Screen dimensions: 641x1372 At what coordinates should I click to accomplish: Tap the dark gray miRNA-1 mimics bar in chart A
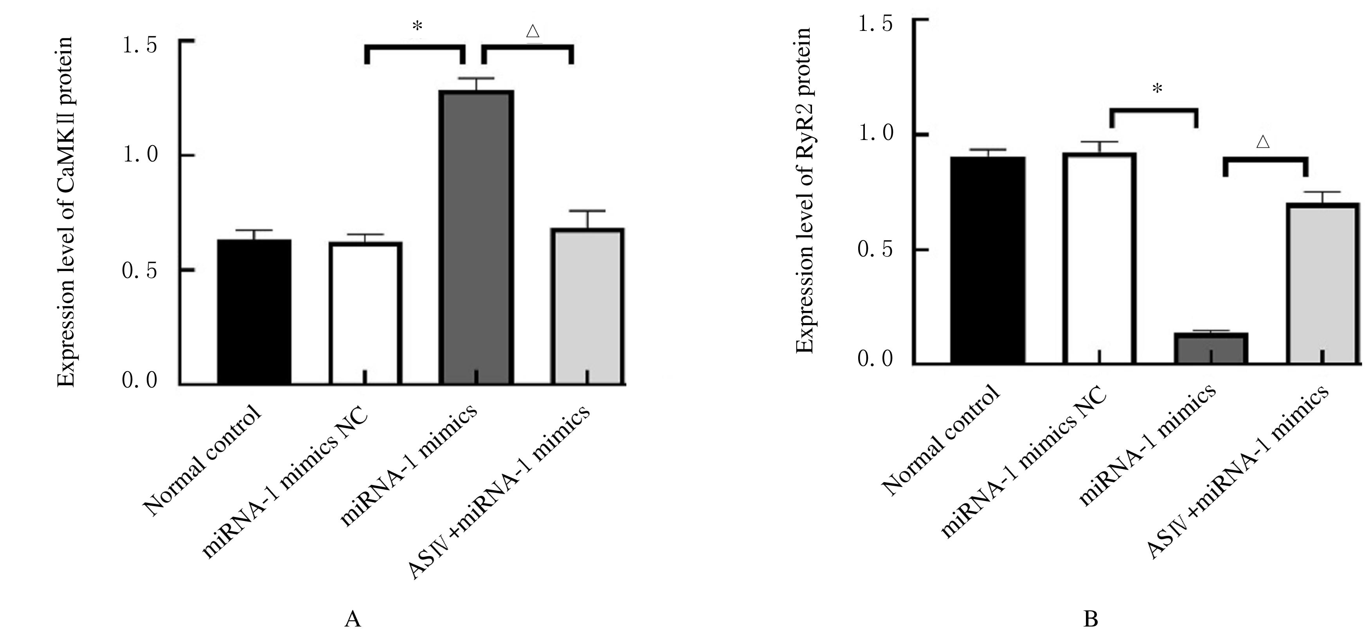pos(476,237)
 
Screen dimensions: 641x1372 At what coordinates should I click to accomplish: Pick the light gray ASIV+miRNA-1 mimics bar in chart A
pos(587,306)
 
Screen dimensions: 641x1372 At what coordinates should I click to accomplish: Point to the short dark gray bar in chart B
pos(1211,349)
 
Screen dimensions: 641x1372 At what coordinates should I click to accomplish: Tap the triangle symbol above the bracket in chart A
pos(533,31)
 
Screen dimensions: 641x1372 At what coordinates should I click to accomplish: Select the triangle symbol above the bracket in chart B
pos(1263,142)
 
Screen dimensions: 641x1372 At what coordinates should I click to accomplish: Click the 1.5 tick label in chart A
pos(140,46)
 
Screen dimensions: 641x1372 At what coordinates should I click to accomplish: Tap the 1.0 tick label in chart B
pos(875,134)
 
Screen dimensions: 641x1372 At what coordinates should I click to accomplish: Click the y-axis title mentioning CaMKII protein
pos(66,212)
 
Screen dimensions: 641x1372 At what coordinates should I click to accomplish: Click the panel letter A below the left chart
pos(353,620)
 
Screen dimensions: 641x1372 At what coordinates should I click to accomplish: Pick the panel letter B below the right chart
pos(1091,620)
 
